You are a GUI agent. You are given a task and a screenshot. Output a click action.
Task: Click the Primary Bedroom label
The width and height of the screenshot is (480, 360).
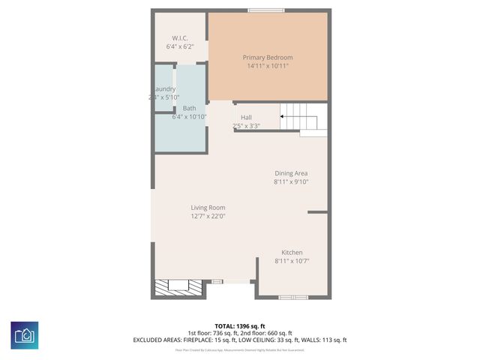(x=268, y=57)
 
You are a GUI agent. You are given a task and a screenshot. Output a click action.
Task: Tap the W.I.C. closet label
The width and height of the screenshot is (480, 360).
(x=180, y=38)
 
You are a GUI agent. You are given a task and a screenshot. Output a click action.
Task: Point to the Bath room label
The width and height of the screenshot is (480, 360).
(x=189, y=108)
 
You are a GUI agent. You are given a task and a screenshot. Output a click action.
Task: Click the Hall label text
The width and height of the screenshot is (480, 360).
(x=246, y=118)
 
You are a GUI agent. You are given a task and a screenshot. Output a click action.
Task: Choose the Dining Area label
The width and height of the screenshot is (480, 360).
(x=291, y=173)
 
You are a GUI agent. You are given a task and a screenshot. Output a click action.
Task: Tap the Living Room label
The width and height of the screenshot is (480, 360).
(x=207, y=208)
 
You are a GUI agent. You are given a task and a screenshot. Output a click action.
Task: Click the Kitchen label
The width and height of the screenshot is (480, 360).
(x=292, y=253)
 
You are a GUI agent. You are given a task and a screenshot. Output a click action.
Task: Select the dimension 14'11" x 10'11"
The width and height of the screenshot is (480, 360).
(x=268, y=66)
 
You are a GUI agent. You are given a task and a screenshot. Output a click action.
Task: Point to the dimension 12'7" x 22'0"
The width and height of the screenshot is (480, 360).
(x=207, y=216)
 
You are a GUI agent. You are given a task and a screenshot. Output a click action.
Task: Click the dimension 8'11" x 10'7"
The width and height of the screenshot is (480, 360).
(x=292, y=261)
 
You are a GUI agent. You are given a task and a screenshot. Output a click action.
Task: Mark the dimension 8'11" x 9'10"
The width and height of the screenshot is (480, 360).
(x=291, y=181)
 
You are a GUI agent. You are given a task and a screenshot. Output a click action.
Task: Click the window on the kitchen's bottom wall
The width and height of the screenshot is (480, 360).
(x=292, y=298)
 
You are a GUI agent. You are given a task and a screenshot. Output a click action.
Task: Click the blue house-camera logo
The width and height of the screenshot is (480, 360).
(x=24, y=334)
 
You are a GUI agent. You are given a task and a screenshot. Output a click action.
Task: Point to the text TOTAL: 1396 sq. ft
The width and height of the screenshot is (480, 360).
(x=240, y=325)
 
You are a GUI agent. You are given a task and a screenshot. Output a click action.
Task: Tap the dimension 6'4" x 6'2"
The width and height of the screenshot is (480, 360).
(x=180, y=46)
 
